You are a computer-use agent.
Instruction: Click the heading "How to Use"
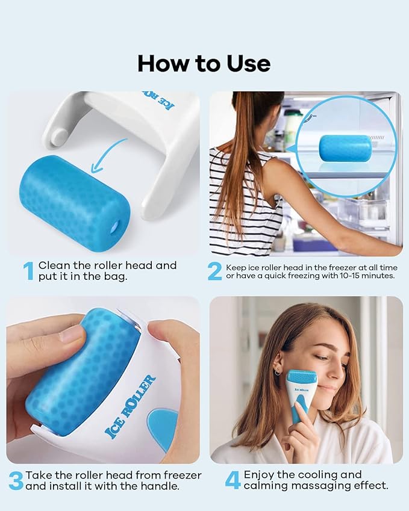coord(204,63)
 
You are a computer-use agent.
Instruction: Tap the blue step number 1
coord(28,271)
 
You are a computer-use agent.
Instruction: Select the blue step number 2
coord(215,271)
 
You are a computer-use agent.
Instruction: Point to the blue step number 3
coord(16,480)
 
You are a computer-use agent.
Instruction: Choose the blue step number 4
coord(233,480)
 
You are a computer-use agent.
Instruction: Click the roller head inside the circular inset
coord(345,148)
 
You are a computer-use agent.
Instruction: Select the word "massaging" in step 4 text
coord(318,486)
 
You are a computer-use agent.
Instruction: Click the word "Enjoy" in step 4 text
coord(263,475)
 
